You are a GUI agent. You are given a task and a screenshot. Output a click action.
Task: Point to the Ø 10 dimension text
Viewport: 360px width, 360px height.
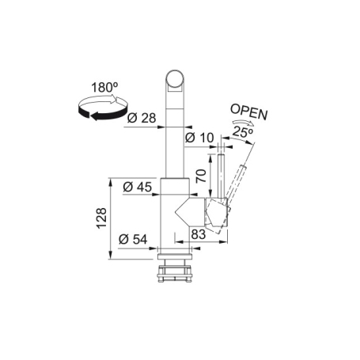tap(199, 138)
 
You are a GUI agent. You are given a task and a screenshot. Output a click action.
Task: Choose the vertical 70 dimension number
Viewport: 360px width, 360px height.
tap(201, 172)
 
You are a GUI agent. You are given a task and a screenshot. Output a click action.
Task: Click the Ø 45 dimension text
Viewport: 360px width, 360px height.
tap(139, 188)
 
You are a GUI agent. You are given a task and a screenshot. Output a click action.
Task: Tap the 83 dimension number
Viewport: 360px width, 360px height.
tap(199, 233)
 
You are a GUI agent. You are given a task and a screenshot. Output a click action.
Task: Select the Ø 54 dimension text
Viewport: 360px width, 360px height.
tap(135, 239)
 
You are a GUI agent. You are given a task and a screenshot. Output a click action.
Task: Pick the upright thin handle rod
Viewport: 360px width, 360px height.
tap(222, 178)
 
